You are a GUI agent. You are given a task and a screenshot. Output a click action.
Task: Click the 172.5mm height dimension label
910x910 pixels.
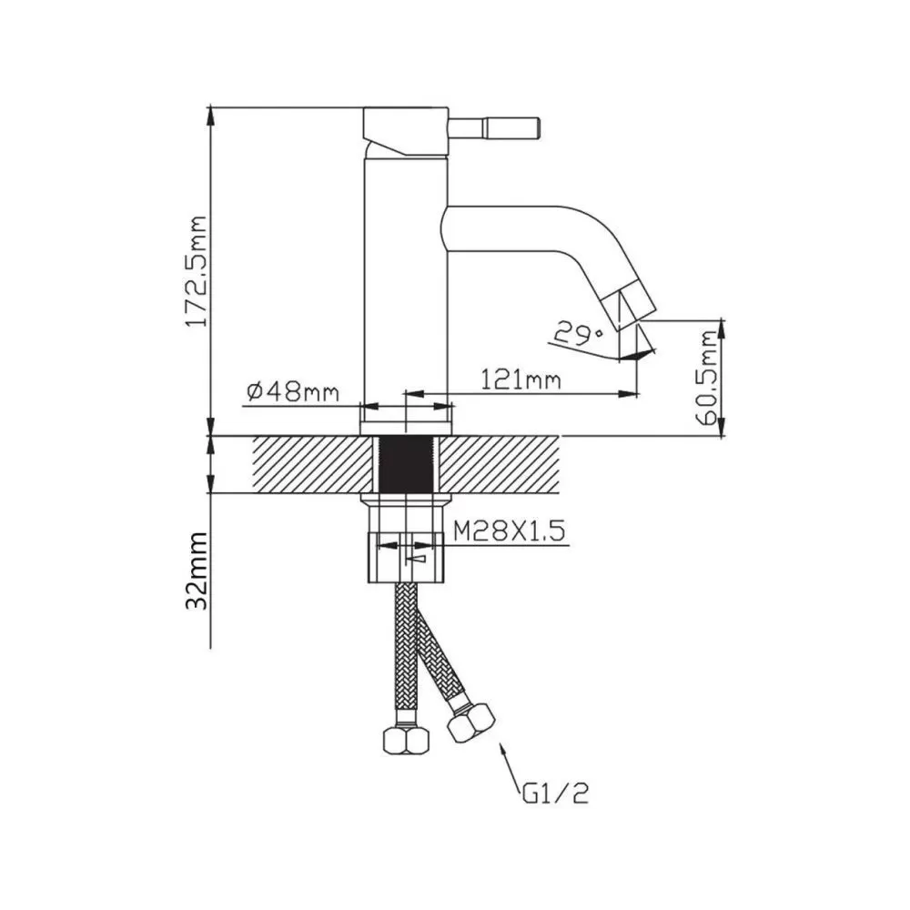pos(196,270)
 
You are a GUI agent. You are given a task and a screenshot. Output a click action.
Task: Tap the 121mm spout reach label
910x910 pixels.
pos(521,380)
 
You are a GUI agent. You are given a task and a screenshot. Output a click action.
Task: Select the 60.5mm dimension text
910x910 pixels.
pos(709,378)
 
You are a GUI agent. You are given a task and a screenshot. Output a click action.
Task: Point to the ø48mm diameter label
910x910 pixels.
pos(292,392)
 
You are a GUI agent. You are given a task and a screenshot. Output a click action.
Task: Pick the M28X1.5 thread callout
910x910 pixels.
pos(509,531)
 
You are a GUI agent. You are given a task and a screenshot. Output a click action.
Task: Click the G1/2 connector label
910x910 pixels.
pos(555,794)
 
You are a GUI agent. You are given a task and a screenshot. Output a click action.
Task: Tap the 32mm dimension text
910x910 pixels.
pos(197,570)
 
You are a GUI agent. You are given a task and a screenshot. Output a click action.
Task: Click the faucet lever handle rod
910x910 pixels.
pos(494,127)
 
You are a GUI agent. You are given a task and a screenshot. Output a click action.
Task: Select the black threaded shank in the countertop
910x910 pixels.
pos(406,464)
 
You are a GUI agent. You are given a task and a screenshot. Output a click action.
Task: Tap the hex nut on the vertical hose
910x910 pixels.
pos(407,740)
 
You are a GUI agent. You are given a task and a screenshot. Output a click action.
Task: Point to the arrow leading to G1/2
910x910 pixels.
pos(511,766)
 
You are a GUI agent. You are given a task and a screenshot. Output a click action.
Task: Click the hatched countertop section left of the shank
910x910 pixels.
pos(311,464)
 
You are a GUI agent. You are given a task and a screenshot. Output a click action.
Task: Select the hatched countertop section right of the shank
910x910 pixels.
pos(500,464)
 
